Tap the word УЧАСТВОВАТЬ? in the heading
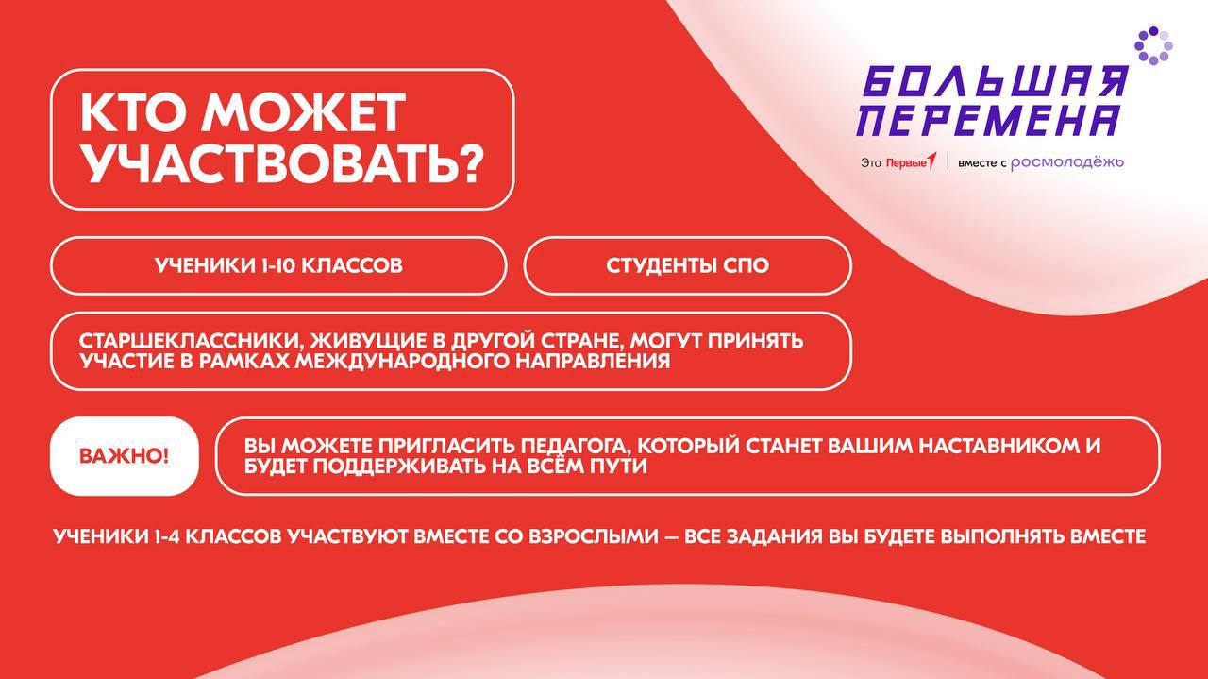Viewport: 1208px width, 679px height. coord(282,163)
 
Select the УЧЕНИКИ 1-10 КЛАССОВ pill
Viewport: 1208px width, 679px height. coord(278,265)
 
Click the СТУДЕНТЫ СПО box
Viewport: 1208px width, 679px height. coord(687,265)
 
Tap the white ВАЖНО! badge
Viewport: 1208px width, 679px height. coord(124,456)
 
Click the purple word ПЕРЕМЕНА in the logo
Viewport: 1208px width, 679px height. coord(987,121)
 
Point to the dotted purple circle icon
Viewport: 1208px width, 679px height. coord(1153,45)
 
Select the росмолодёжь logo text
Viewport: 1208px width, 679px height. coord(1067,162)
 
